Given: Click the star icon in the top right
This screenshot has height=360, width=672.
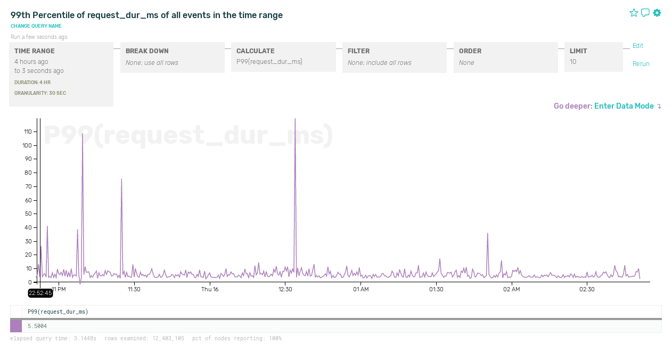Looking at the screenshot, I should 634,13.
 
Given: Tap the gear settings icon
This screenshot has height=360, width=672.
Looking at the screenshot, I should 657,13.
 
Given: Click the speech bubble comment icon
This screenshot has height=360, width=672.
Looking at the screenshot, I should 645,13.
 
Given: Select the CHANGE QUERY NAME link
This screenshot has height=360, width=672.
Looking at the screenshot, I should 36,26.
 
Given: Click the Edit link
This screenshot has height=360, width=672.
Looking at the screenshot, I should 638,46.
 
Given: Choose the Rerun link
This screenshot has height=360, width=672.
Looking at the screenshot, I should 641,64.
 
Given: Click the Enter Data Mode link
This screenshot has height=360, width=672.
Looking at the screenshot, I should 624,106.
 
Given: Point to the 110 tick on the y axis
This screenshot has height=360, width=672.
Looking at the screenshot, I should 28,132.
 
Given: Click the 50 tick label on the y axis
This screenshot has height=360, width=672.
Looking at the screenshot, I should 29,214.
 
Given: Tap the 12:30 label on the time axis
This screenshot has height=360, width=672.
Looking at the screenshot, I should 285,289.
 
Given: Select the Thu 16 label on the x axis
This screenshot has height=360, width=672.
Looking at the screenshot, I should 210,289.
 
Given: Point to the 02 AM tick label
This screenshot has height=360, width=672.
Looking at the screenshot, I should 511,289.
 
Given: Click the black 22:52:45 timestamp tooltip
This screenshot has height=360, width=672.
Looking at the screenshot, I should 40,293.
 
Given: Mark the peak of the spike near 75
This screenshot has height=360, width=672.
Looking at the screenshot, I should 121,179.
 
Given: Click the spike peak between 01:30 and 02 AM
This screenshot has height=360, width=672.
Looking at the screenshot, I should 487,233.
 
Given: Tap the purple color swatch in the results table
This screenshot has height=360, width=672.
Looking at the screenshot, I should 16,326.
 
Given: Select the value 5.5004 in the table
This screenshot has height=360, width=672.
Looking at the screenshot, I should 37,326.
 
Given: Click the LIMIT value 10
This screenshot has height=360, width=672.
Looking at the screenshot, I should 573,62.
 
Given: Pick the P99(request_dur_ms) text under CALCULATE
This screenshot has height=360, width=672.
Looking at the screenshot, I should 269,62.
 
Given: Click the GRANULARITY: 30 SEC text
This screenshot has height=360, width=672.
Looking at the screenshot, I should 40,93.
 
